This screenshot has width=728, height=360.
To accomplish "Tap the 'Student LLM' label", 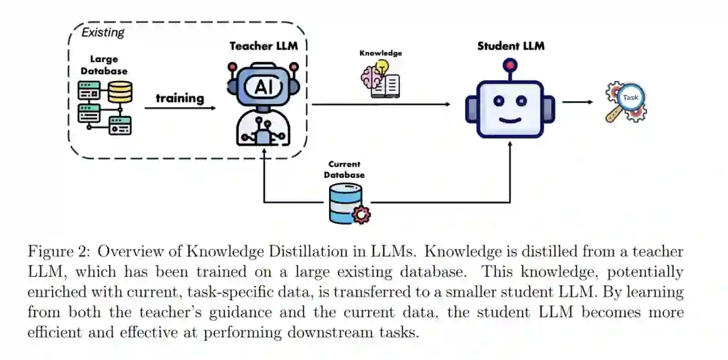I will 510,46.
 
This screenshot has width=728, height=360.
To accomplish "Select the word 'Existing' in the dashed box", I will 102,32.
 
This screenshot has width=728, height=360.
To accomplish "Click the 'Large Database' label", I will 104,65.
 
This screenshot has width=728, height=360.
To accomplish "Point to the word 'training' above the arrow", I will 180,98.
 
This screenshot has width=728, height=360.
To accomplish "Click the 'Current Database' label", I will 344,169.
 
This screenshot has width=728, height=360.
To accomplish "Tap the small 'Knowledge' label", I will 380,53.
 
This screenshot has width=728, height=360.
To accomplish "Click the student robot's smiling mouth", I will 510,121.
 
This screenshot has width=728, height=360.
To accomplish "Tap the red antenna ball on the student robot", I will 510,65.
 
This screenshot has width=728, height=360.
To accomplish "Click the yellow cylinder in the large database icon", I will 121,92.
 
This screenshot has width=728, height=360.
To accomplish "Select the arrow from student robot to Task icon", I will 577,102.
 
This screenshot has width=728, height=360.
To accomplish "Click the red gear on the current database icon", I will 362,215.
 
